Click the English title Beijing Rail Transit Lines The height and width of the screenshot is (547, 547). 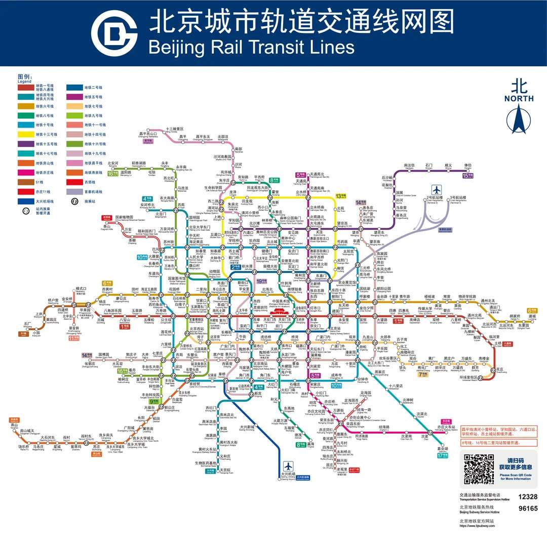(251, 47)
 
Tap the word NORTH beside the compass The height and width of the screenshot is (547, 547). (519, 98)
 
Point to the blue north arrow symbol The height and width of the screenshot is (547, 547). (519, 119)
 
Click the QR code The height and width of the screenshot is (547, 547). (479, 468)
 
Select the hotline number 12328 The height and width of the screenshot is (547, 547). (528, 497)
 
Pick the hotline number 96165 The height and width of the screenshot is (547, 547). (528, 509)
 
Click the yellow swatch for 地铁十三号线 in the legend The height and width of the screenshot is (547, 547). (25, 135)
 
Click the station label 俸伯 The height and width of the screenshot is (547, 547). (467, 166)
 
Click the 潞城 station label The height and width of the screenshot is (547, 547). (532, 316)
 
